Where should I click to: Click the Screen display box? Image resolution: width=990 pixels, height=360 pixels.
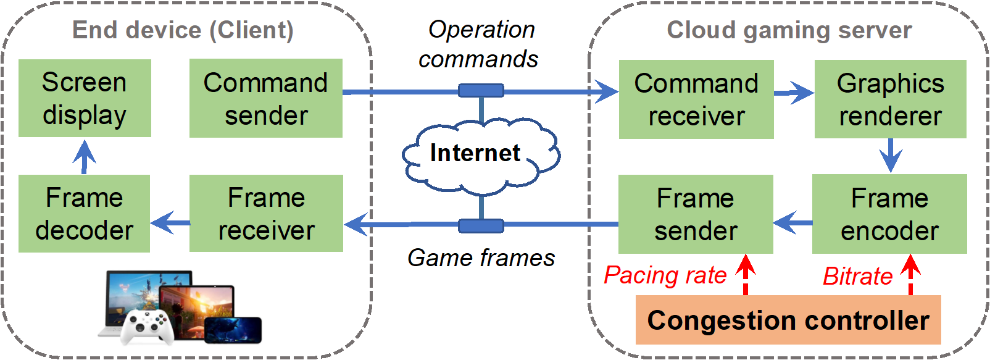[85, 98]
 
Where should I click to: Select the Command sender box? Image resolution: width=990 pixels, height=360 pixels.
[265, 98]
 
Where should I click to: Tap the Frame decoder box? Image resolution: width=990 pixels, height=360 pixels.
[84, 214]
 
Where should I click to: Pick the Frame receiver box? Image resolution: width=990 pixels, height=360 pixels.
[266, 214]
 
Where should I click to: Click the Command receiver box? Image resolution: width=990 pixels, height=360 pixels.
[696, 99]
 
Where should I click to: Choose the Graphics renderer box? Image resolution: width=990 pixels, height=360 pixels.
[890, 99]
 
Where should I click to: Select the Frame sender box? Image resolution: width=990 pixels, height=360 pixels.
[696, 214]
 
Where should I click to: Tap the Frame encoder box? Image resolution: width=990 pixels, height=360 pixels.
[889, 214]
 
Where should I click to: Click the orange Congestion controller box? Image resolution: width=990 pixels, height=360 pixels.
[788, 320]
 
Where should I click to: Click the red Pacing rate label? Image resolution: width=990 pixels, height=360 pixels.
[665, 275]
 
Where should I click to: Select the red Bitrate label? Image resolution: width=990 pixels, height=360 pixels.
[857, 277]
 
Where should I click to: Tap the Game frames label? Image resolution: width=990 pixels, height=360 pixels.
[481, 258]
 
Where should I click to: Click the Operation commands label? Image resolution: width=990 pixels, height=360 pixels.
[479, 44]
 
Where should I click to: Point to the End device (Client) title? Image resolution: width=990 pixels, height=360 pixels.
[183, 30]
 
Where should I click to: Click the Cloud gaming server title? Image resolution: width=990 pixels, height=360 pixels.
[789, 30]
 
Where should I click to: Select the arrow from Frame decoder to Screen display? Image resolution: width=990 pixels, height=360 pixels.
[84, 156]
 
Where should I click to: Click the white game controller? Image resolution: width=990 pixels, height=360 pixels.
[146, 325]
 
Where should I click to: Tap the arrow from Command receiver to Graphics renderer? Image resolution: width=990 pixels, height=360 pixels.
[794, 93]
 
